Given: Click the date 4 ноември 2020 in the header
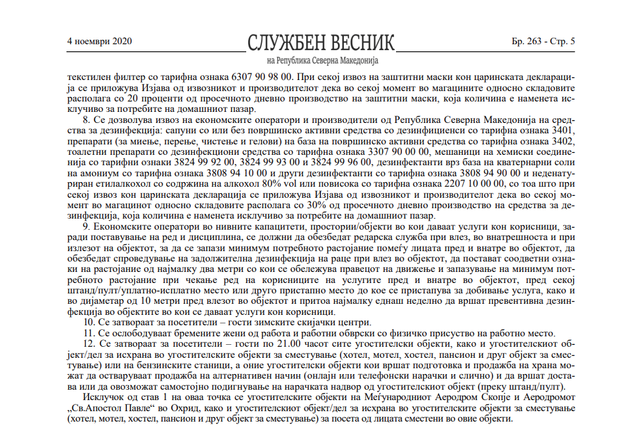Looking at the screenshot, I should [100, 42].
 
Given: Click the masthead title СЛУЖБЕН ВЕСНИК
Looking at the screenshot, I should [321, 42].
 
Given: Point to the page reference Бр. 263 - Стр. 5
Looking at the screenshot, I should [543, 42].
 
